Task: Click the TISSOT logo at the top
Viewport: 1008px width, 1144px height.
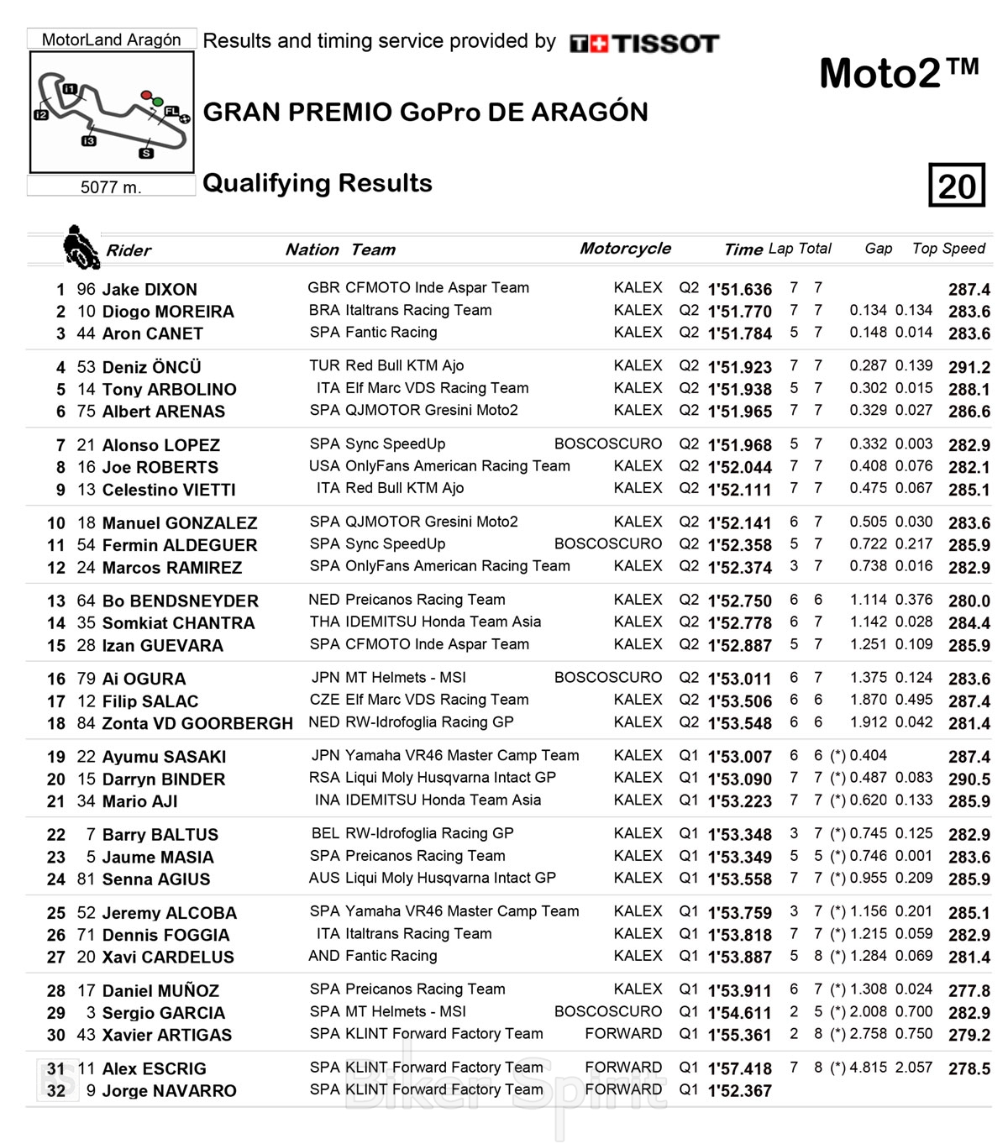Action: (644, 44)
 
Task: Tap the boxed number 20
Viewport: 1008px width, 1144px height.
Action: (956, 186)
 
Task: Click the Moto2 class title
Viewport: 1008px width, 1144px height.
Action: (899, 73)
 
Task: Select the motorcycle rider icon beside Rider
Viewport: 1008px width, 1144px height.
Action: (81, 247)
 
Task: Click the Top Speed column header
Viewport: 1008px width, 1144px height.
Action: (948, 249)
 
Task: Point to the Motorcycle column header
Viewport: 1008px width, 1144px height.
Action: (625, 249)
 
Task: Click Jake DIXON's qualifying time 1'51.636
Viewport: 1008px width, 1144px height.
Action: (739, 289)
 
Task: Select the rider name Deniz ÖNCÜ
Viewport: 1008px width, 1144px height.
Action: (151, 367)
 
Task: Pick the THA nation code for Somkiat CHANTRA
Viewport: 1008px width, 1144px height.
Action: (324, 622)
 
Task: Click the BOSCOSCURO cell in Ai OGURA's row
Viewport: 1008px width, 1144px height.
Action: (607, 678)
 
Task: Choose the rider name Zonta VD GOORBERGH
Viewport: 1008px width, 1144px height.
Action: (197, 723)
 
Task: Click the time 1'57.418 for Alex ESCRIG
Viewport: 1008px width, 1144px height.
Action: (739, 1068)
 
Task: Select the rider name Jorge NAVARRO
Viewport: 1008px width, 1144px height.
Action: (169, 1091)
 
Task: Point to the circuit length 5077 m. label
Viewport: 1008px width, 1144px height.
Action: (111, 187)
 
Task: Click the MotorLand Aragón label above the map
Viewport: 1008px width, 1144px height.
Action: (112, 39)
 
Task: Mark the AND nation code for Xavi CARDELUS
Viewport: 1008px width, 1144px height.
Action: (324, 956)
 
